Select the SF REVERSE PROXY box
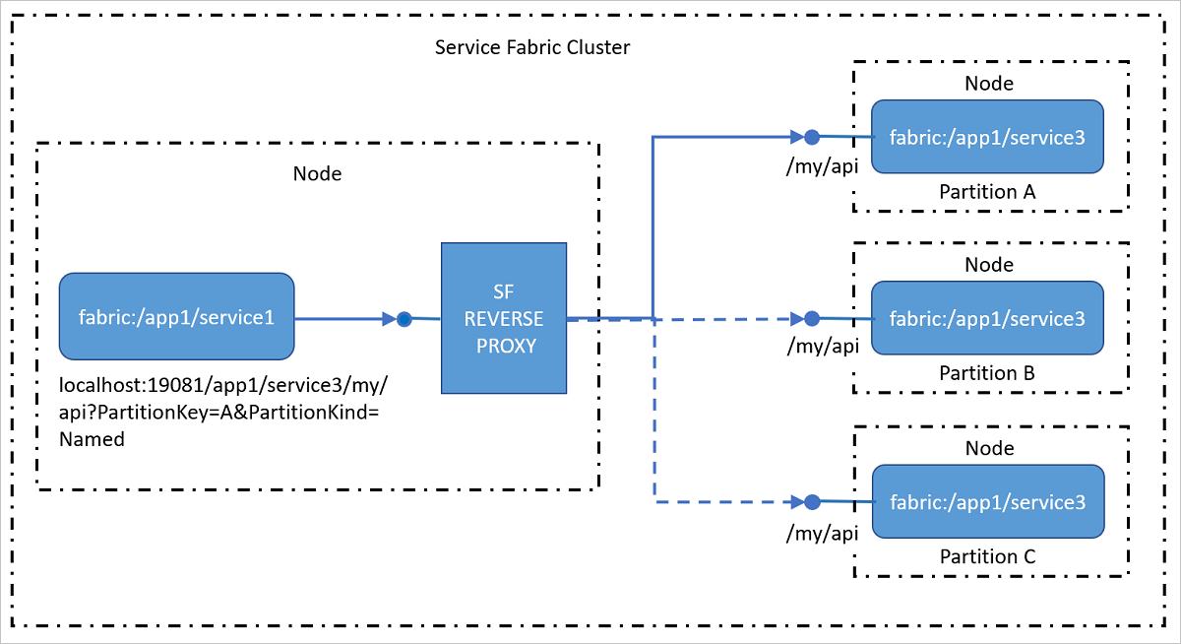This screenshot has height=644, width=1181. (504, 318)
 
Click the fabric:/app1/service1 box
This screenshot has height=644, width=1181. (177, 317)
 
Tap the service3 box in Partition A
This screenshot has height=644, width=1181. (987, 137)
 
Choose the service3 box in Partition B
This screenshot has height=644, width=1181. (987, 319)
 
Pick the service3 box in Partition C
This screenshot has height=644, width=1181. (987, 502)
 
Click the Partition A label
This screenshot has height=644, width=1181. (987, 192)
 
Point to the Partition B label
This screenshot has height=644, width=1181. (987, 374)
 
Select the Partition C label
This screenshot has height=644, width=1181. (987, 557)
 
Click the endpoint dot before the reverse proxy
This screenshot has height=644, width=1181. (404, 318)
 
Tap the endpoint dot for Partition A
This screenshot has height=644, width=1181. (812, 137)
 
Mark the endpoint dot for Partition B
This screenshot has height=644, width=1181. (812, 319)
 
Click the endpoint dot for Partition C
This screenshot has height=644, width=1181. (812, 502)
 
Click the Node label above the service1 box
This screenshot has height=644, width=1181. (317, 174)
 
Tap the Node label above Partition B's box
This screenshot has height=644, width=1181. (989, 265)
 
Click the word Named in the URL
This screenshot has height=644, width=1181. (92, 439)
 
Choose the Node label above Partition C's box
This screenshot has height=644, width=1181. (989, 448)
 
